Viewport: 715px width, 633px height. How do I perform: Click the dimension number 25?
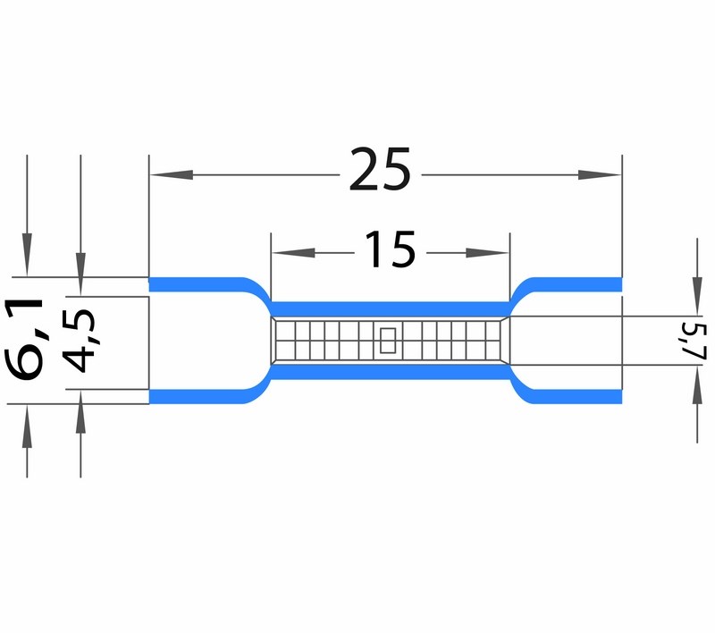381,169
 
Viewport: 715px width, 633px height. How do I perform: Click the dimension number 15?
391,249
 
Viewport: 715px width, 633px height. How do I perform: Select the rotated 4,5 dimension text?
80,341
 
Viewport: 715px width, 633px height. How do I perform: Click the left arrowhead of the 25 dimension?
172,174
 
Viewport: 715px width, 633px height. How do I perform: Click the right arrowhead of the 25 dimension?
599,174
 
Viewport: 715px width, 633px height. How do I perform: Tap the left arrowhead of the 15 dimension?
293,253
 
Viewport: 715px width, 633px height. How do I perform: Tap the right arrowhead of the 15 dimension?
487,253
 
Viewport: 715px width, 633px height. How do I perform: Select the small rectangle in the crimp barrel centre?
388,341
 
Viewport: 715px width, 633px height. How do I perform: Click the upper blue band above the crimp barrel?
391,308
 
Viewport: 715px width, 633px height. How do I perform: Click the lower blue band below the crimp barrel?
391,372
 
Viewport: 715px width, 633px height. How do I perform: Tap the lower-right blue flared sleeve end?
575,396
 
